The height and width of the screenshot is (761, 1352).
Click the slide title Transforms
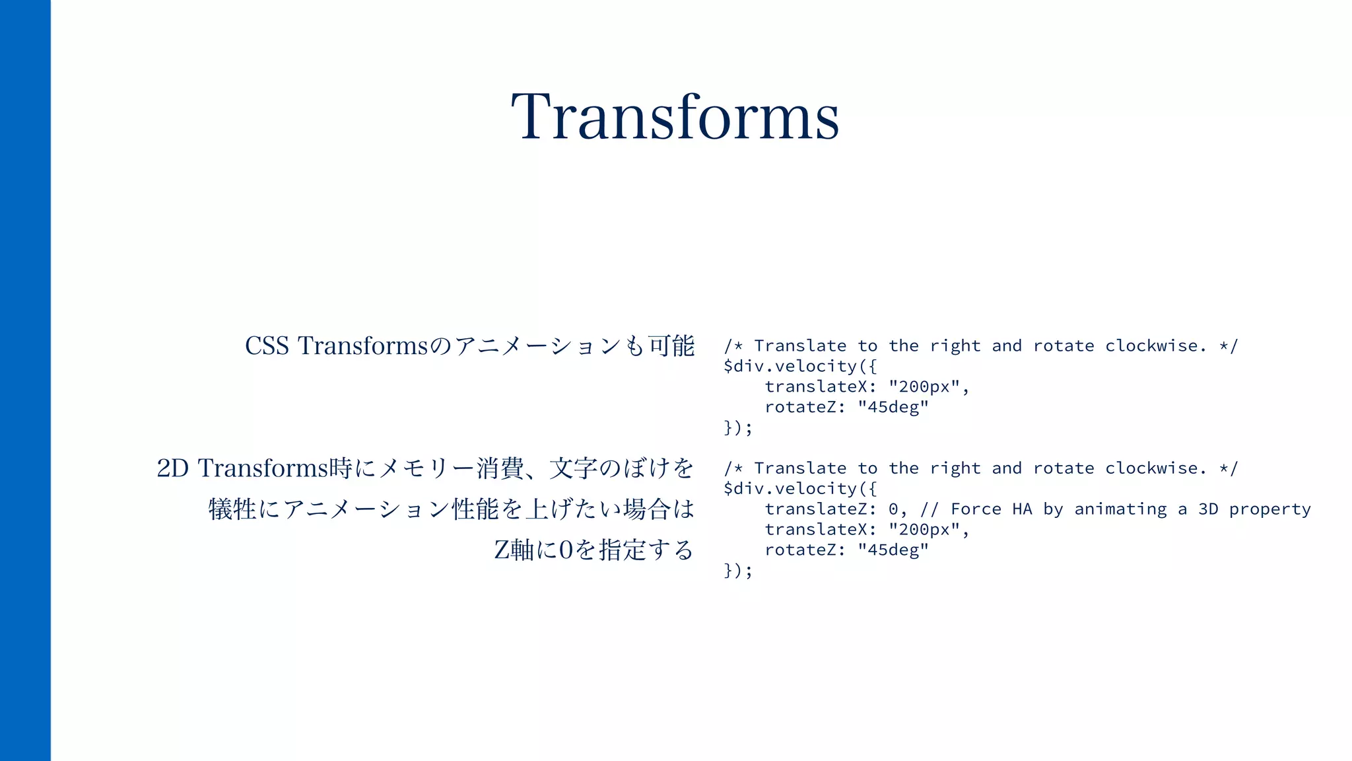click(x=675, y=118)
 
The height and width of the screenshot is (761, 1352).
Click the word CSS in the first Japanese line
click(x=267, y=346)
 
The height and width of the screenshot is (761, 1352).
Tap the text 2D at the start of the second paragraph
click(x=172, y=468)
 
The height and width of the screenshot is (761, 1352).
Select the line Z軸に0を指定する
click(x=593, y=550)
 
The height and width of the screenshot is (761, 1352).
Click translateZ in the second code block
click(x=815, y=509)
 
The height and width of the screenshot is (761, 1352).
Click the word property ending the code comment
click(x=1269, y=509)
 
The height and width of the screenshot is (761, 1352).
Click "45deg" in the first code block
click(x=893, y=407)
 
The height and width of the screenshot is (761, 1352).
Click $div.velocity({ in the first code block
click(x=800, y=366)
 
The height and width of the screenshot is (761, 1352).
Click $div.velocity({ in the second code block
click(x=800, y=489)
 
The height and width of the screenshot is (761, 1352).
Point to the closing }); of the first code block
click(x=738, y=427)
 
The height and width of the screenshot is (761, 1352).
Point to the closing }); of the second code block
click(x=738, y=570)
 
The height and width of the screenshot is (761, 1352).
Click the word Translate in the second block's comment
click(x=800, y=468)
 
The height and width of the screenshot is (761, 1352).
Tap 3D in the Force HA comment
click(x=1208, y=509)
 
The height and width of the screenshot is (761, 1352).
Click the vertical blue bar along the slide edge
click(x=25, y=380)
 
